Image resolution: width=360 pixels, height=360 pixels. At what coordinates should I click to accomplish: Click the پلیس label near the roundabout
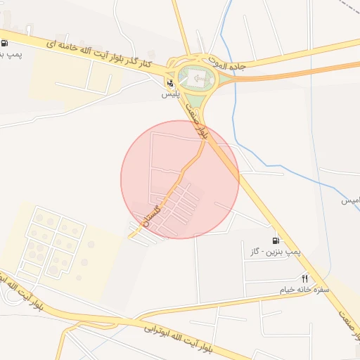(x=169, y=94)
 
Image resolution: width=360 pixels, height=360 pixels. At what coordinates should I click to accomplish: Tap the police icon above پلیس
(x=169, y=84)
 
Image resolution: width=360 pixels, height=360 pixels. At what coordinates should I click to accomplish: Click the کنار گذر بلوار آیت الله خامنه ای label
(x=108, y=55)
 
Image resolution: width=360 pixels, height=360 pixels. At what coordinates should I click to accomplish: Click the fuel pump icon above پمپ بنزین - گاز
(x=276, y=240)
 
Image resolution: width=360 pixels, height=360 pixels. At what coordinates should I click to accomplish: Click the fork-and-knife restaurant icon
(x=304, y=278)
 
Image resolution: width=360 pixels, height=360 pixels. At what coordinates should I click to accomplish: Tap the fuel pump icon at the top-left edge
(x=4, y=42)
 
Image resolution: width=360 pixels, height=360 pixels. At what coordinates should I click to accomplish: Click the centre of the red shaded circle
(x=180, y=179)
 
